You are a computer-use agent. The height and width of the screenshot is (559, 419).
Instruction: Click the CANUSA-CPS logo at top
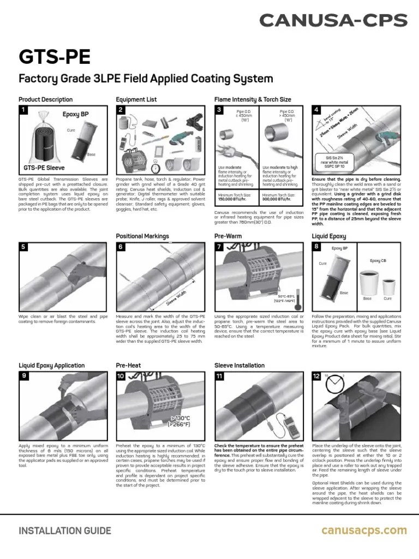[x=333, y=21]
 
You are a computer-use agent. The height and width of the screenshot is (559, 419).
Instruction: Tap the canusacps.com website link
[x=364, y=530]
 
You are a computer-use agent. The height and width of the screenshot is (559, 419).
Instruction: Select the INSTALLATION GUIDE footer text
[x=65, y=531]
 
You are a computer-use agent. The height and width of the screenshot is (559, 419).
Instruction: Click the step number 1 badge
[x=23, y=110]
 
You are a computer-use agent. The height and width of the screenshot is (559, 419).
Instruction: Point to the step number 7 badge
[x=219, y=247]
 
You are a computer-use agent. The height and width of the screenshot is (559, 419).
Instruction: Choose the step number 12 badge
[x=316, y=376]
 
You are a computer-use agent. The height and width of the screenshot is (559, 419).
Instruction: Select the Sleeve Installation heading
[x=240, y=365]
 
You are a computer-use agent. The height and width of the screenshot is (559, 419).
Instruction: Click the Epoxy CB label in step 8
[x=378, y=261]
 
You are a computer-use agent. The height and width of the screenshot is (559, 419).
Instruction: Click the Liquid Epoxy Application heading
[x=52, y=365]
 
